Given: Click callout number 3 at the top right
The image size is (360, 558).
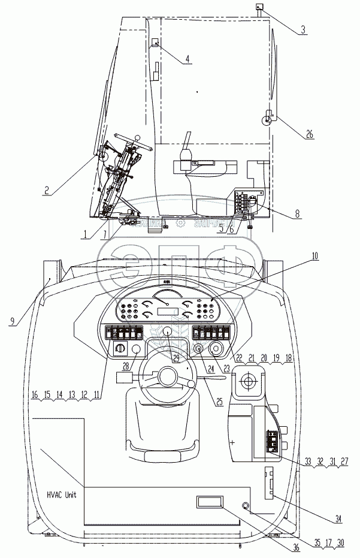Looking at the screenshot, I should (304, 29).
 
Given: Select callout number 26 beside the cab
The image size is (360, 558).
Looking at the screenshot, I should (310, 135).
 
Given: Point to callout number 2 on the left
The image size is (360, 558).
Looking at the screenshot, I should (46, 192).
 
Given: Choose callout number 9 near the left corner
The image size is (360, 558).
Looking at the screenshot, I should (13, 321).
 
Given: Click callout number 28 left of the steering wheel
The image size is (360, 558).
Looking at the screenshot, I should (125, 366).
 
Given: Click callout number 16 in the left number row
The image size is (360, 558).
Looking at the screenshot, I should (34, 396).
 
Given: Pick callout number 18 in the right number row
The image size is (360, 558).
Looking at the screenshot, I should (289, 357).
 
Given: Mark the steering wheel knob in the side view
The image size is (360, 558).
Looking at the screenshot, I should (138, 138).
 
